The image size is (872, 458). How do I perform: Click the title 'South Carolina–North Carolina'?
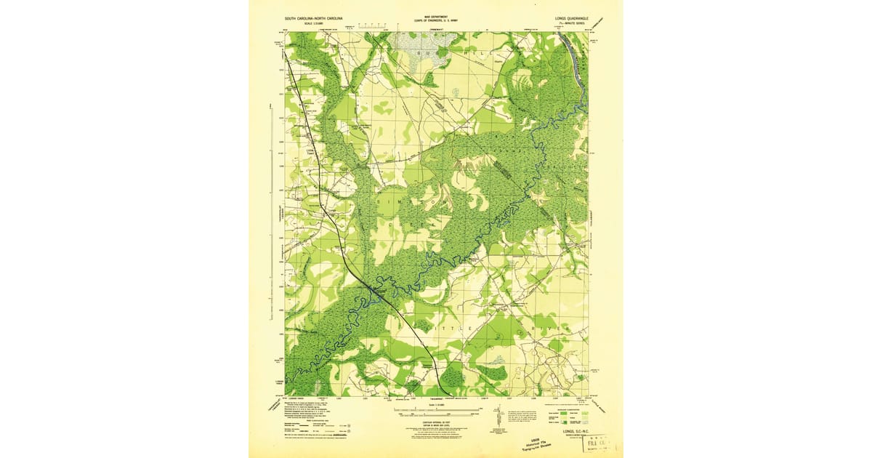pos(313,17)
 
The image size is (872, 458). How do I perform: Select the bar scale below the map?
pos(436,411)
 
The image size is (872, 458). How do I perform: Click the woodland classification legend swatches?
pos(563,418)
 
